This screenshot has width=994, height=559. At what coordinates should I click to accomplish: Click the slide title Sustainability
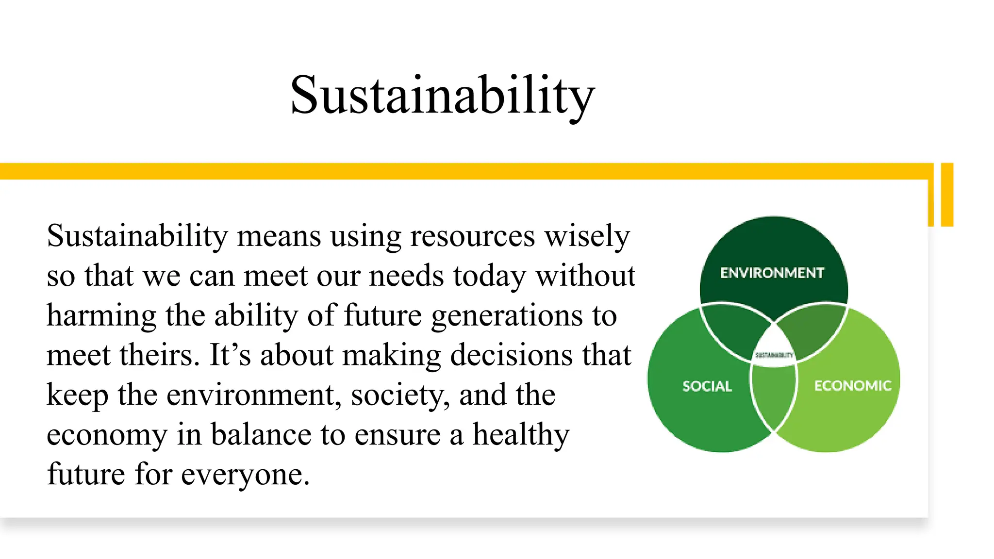click(442, 95)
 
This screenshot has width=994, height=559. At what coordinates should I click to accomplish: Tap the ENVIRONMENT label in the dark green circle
click(772, 273)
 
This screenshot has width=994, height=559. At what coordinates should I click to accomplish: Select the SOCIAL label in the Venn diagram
click(707, 386)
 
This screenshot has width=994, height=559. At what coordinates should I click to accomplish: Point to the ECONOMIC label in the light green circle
click(853, 386)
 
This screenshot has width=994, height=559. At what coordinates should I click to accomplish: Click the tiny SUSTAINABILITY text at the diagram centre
click(774, 355)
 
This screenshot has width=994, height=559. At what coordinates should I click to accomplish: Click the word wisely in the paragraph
click(587, 236)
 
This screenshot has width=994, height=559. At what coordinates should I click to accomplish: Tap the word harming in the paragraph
click(101, 316)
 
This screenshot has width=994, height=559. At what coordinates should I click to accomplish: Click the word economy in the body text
click(107, 435)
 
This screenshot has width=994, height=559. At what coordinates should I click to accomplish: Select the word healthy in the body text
click(521, 435)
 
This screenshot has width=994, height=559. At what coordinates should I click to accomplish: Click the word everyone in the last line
click(245, 475)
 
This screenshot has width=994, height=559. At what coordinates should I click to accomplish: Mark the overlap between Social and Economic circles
click(774, 395)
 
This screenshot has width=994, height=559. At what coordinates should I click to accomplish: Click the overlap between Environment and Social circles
click(733, 330)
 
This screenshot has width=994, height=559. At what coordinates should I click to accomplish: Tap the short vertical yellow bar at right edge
click(947, 195)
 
